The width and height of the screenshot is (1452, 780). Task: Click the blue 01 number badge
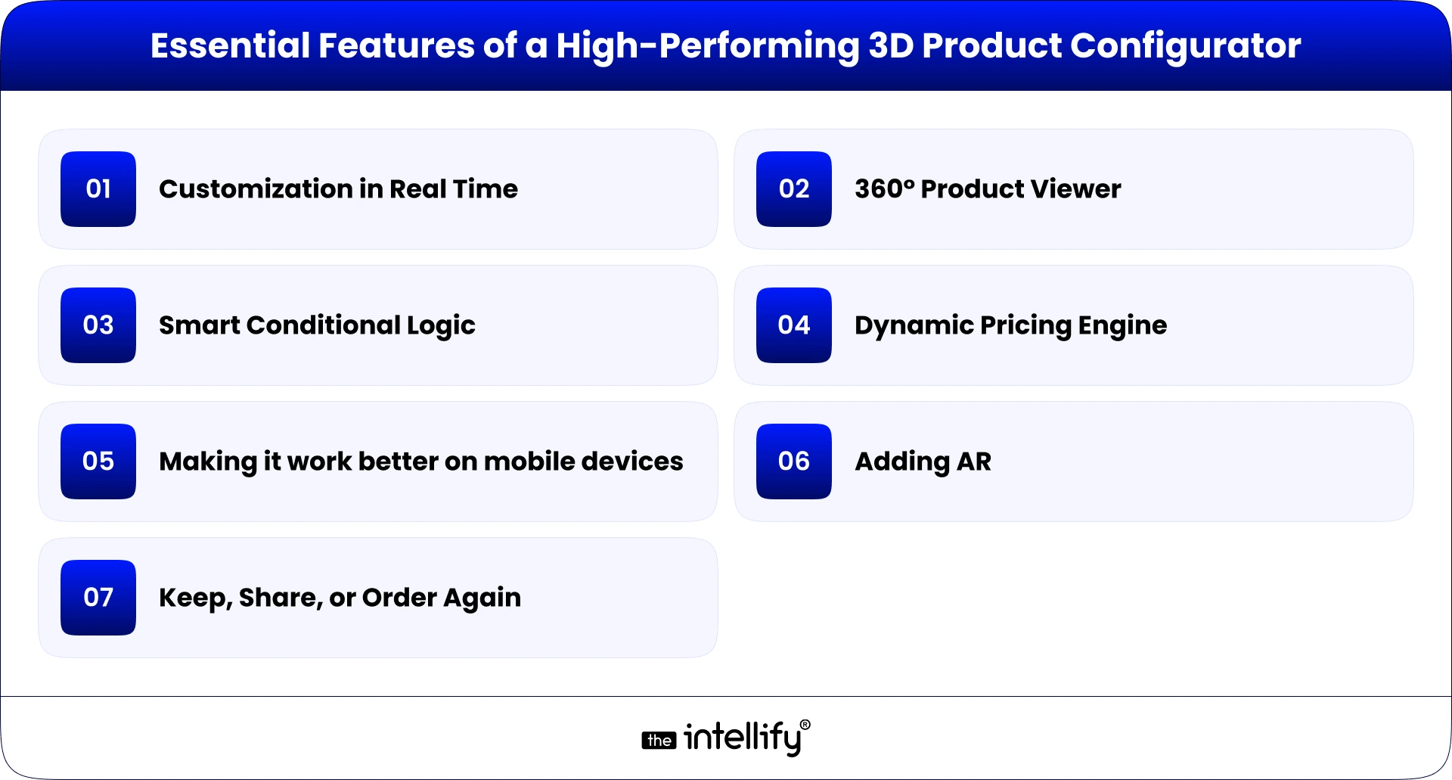click(98, 189)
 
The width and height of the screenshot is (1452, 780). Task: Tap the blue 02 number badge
click(794, 189)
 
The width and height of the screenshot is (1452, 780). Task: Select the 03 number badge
click(98, 325)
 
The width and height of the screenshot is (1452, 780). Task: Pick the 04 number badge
click(794, 325)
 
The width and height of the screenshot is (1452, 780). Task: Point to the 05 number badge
click(98, 461)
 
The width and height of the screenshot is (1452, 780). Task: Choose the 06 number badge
click(794, 461)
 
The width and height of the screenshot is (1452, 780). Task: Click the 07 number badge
click(98, 598)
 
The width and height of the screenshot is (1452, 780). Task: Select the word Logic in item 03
click(441, 326)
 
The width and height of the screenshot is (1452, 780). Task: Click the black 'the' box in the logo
click(659, 741)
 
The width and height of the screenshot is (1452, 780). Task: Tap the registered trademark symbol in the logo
click(805, 725)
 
